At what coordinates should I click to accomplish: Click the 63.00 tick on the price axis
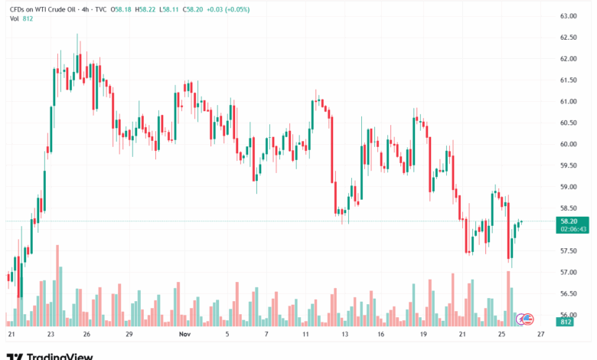568,15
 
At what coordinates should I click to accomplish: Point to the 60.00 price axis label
568,144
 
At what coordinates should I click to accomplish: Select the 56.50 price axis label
568,293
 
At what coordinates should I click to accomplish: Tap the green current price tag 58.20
568,221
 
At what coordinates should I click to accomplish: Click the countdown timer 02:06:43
573,228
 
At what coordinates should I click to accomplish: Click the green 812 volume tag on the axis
566,322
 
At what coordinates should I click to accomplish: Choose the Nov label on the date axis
183,335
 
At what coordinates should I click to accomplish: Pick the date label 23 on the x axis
51,335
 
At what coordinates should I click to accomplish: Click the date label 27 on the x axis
540,335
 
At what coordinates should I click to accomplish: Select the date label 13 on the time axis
345,335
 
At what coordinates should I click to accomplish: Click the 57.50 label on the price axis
568,251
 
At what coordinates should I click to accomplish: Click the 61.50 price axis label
568,80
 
